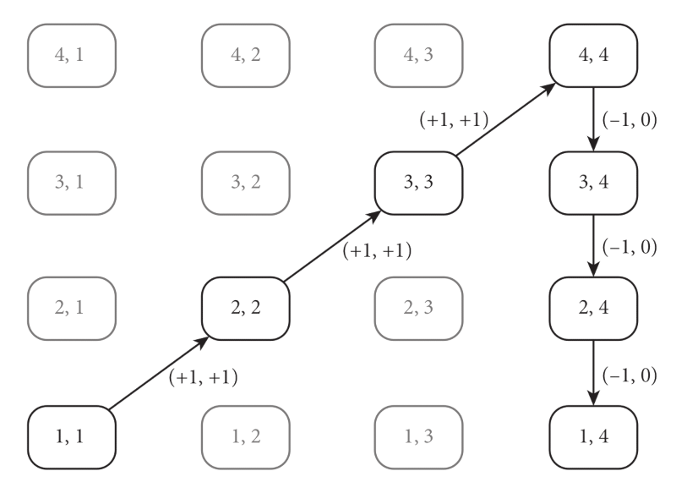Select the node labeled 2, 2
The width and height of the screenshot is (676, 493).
[x=245, y=305]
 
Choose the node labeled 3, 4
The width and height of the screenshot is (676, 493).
[x=593, y=180]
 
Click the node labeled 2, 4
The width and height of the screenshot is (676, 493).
[x=593, y=305]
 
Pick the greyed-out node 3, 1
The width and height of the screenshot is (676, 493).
[x=71, y=180]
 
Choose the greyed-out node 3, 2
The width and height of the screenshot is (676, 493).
[x=245, y=180]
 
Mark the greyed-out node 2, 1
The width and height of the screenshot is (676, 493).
[x=71, y=305]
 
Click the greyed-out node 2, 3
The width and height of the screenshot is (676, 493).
[x=418, y=305]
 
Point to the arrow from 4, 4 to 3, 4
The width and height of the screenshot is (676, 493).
[x=593, y=118]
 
